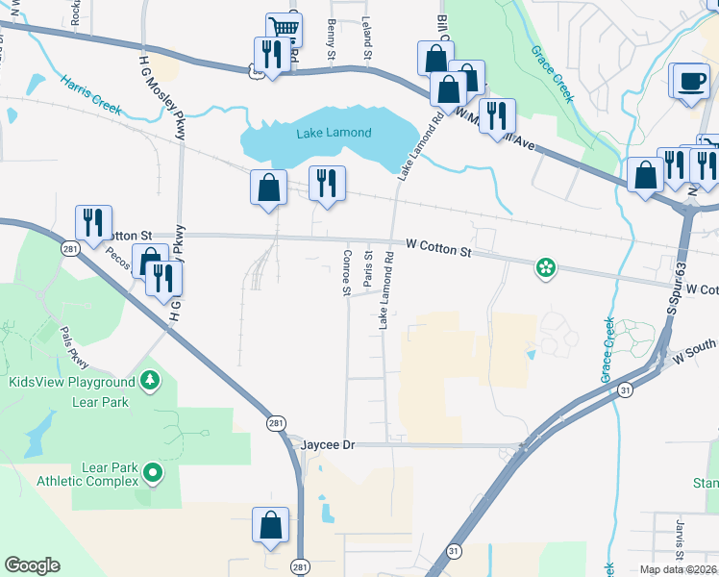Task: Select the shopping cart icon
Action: pyautogui.click(x=284, y=29)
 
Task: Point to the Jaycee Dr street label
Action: pyautogui.click(x=329, y=445)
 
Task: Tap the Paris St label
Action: pyautogui.click(x=367, y=270)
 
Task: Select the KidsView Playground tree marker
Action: pyautogui.click(x=149, y=383)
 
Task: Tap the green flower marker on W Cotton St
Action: pyautogui.click(x=546, y=266)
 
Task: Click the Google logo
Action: pyautogui.click(x=32, y=565)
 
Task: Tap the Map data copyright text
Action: pyautogui.click(x=678, y=569)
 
